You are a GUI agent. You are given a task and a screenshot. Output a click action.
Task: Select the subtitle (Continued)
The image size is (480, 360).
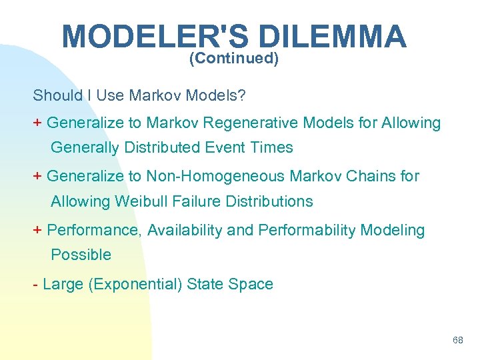tap(233, 59)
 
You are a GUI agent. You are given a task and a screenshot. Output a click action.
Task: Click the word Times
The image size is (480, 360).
tap(275, 147)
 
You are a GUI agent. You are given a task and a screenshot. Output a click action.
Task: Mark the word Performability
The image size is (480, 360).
tap(307, 230)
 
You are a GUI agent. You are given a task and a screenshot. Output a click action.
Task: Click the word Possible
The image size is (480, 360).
tap(81, 255)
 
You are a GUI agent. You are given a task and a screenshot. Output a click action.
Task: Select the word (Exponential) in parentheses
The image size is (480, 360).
tap(137, 284)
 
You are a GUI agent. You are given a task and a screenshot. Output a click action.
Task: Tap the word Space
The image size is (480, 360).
tap(251, 284)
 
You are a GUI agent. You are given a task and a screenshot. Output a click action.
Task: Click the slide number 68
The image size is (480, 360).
tap(457, 340)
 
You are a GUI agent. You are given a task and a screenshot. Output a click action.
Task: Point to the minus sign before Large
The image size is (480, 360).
tap(35, 285)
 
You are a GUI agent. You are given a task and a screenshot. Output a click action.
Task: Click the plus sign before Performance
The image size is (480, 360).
tap(38, 230)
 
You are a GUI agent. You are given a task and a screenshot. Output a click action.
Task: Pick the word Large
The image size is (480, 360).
tap(62, 284)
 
